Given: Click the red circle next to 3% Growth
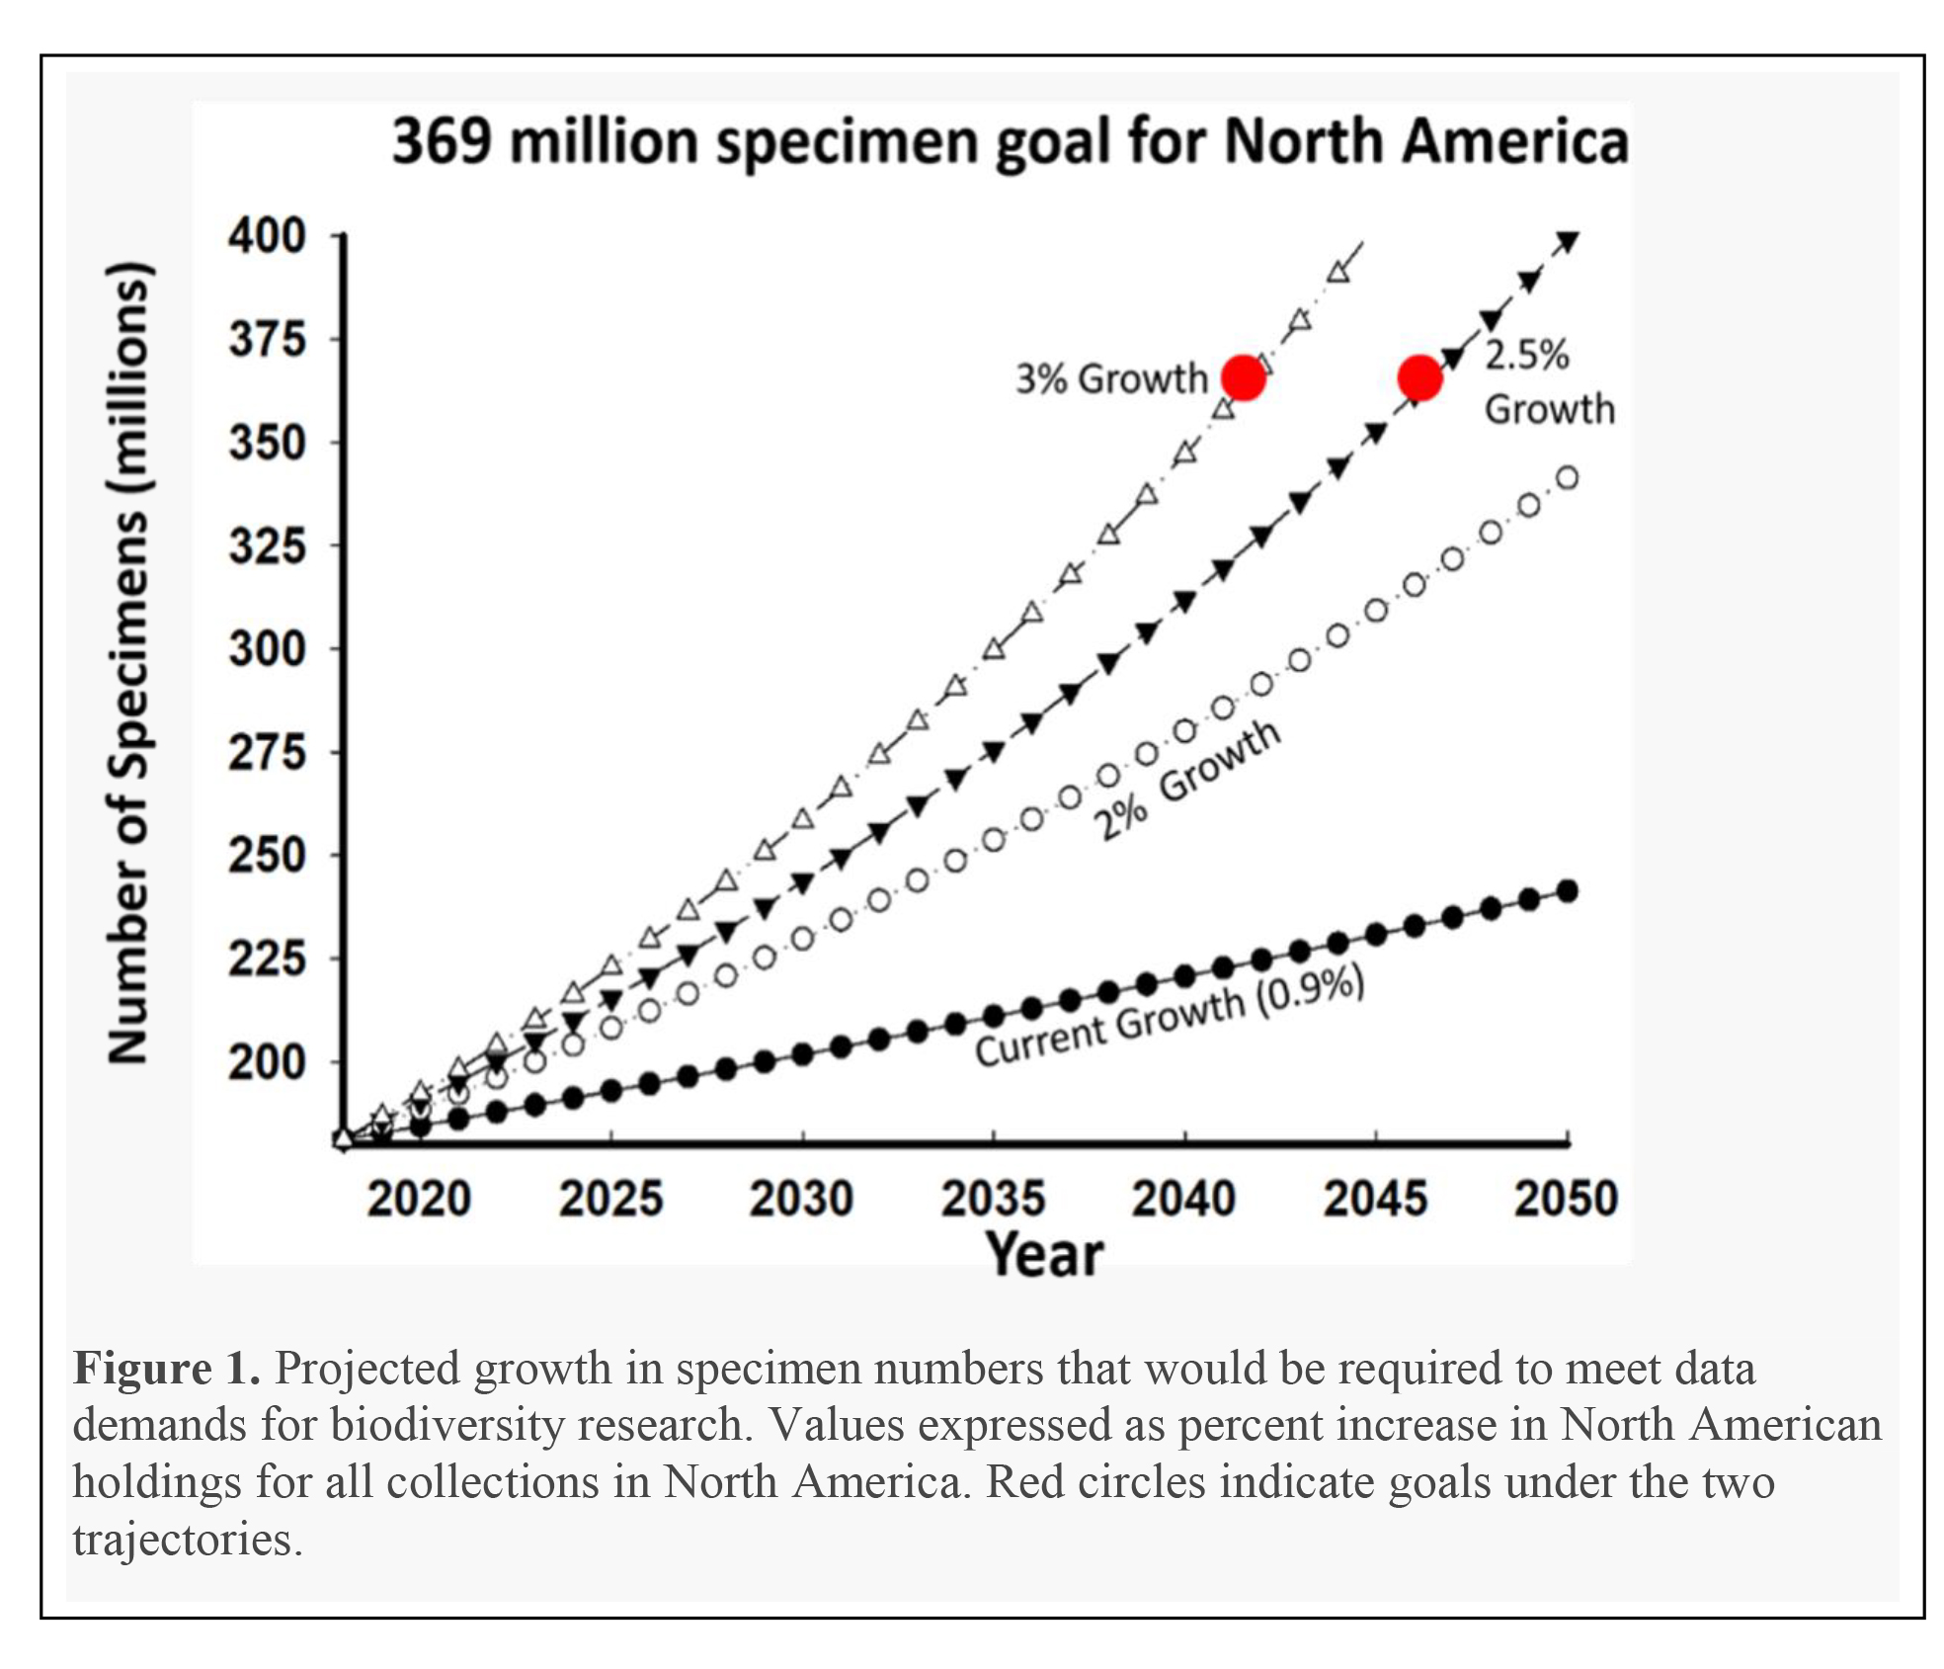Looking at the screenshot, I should pos(1243,377).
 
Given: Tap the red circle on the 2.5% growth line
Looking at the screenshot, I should pos(1419,377).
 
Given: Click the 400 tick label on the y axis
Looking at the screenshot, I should pos(267,236).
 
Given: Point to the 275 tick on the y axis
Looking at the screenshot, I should pos(267,753).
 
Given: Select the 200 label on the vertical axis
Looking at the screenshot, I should pos(267,1062).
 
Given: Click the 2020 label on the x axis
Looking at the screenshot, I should pos(419,1199).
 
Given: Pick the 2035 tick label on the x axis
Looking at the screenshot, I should pos(992,1199).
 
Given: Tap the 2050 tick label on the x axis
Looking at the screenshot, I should pos(1566,1199).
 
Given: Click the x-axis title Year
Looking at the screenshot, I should pos(1044,1255).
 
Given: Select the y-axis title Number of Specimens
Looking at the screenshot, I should pos(129,662).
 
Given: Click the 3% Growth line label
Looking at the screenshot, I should pos(1112,378).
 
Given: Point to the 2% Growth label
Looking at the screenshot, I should pos(1185,781).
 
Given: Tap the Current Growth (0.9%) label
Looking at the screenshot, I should pos(1170,1018).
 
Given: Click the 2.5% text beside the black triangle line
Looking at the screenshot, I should pos(1527,355).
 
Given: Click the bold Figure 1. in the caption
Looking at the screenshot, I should pos(166,1369).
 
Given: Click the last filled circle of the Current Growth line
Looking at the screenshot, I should pos(1567,891).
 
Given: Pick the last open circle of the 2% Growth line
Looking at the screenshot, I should pos(1567,478).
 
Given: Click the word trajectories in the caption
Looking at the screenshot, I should pos(186,1540).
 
